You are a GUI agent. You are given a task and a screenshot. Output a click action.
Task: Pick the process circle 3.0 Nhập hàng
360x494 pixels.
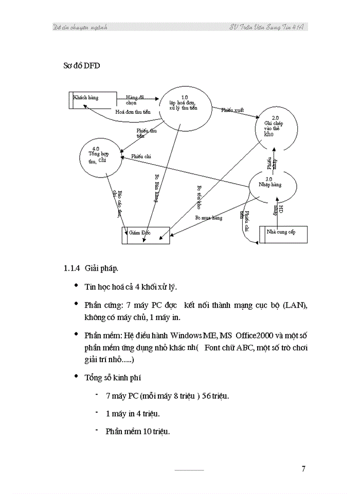point(273,185)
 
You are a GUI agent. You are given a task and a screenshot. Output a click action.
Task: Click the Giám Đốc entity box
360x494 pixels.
point(146,235)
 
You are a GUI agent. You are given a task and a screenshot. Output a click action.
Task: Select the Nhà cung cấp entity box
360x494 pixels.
point(283,234)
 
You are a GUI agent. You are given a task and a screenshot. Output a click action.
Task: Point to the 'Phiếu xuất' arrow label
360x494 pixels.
point(232,110)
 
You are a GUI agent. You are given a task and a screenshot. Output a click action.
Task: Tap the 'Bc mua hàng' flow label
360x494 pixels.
point(208,218)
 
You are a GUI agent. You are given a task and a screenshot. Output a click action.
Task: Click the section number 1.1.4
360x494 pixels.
point(71,269)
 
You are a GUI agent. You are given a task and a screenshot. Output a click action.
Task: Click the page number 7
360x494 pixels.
point(303,468)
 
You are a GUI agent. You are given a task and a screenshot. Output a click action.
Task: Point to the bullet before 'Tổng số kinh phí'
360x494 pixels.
point(77,376)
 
